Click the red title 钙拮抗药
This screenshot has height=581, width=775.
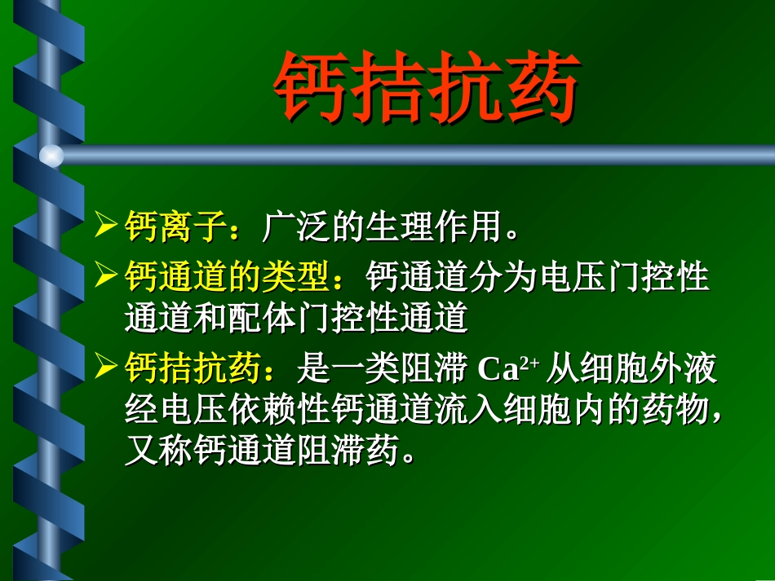point(427,88)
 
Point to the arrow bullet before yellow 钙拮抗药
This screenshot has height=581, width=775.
point(106,368)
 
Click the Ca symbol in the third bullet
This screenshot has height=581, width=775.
point(498,371)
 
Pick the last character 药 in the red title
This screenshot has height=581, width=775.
point(542,88)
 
